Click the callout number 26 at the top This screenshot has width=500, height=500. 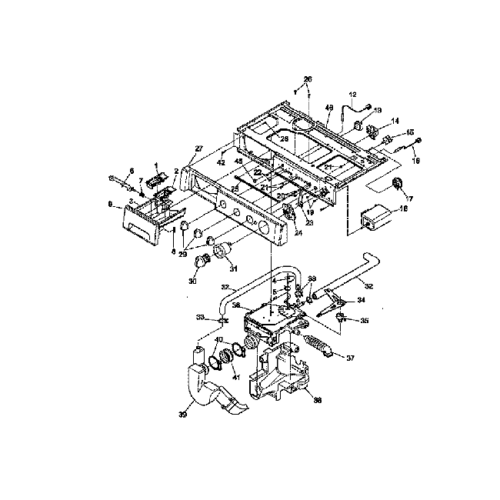point(308,79)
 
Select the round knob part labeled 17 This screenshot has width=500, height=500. point(398,183)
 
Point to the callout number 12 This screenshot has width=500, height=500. point(353,95)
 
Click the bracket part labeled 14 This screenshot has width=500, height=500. point(376,129)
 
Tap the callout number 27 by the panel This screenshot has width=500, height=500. point(198,148)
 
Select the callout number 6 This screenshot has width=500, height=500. point(132,171)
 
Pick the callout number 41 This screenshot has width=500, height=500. point(236,377)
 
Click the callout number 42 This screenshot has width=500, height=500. point(222,163)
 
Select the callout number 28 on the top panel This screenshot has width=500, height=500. point(284,138)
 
